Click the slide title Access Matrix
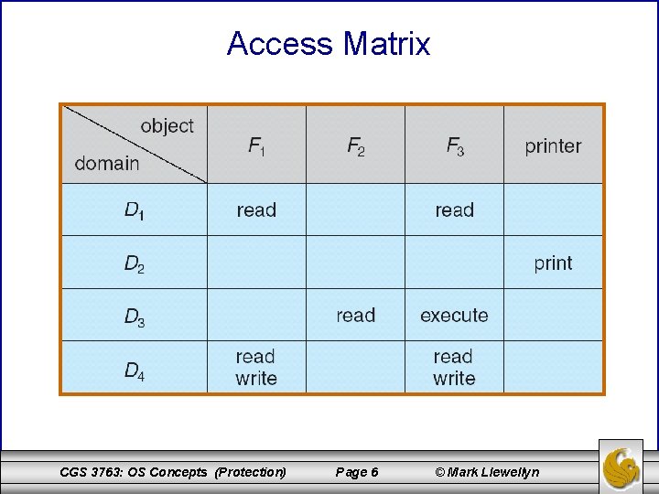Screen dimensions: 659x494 coord(329,43)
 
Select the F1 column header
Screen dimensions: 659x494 coord(256,145)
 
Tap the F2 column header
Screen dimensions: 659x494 coord(355,145)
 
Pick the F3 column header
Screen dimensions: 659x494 coord(454,145)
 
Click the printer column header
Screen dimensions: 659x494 coord(553,146)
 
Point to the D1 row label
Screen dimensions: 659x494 coord(135,210)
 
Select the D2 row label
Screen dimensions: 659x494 coord(135,264)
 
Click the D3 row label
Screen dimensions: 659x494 coord(135,317)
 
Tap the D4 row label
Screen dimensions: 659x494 coord(135,370)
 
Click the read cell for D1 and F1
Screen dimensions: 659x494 coord(256,209)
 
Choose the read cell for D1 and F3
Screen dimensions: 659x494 coord(454,209)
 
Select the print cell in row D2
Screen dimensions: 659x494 coord(553,263)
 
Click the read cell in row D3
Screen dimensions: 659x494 coord(355,316)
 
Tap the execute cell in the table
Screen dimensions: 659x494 coord(454,316)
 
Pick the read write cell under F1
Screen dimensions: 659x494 coord(256,367)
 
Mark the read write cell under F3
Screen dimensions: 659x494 coord(454,367)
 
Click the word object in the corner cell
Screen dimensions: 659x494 coord(167,126)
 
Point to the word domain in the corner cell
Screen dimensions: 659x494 coord(107,164)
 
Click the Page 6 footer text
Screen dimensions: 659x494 coord(357,472)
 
